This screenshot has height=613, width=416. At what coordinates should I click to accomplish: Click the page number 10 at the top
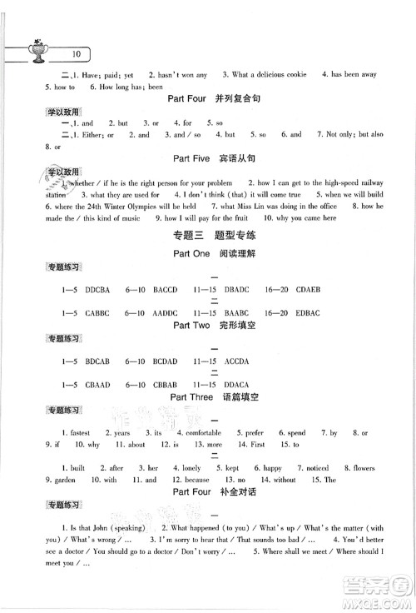(x=76, y=53)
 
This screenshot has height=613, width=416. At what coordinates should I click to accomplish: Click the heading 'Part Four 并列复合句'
(x=214, y=102)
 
